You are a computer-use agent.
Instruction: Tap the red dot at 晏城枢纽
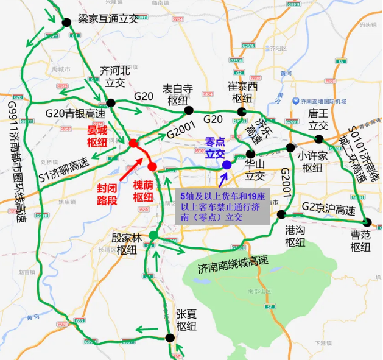click(x=133, y=144)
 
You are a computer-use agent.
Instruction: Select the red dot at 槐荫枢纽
click(x=152, y=166)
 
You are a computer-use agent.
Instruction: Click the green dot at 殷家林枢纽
click(x=153, y=236)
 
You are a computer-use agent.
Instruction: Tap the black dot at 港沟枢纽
click(x=281, y=214)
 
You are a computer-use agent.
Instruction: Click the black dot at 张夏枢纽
click(x=169, y=337)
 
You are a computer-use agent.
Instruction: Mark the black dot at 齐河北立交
click(x=110, y=103)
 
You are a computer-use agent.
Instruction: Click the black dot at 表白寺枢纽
click(x=189, y=110)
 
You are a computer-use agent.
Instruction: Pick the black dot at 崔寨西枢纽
click(x=242, y=111)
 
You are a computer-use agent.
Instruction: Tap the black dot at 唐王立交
click(x=318, y=139)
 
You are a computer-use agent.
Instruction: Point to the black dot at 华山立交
click(x=250, y=154)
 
